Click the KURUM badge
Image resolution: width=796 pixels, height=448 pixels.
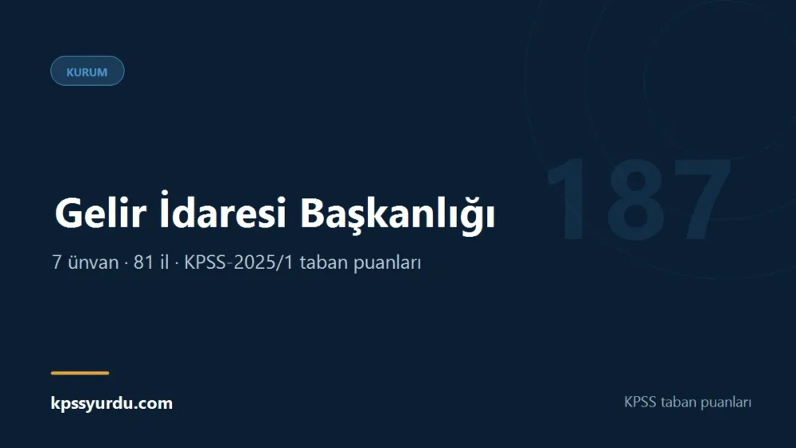[x=88, y=71]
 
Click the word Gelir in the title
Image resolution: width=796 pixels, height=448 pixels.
[x=100, y=213]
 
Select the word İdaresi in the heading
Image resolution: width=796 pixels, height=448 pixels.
[x=223, y=209]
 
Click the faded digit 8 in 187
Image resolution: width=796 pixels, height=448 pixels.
[x=635, y=199]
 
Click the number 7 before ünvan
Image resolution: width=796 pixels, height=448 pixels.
[x=57, y=263]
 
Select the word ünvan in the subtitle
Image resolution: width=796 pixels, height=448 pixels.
[x=93, y=263]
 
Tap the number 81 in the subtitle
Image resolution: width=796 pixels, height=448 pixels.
[x=143, y=263]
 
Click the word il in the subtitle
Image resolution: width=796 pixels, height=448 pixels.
[x=164, y=263]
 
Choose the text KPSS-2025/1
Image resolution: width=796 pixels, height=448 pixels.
[x=239, y=263]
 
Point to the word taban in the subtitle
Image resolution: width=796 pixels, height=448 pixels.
[x=322, y=263]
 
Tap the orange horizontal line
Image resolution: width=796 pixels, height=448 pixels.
[x=80, y=373]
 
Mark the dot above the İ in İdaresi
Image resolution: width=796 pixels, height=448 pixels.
[x=164, y=193]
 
